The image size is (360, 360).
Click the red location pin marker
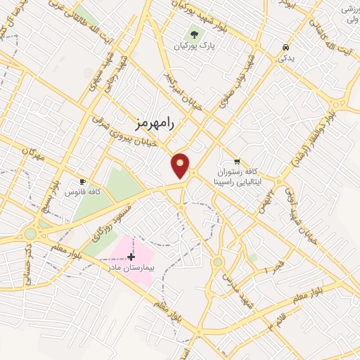(180, 165)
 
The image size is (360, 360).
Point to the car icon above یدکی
(285, 47)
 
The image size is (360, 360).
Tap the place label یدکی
(286, 58)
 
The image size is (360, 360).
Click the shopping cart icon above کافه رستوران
(236, 160)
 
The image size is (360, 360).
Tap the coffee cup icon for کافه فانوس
(83, 181)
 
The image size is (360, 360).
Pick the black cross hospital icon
(131, 257)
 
